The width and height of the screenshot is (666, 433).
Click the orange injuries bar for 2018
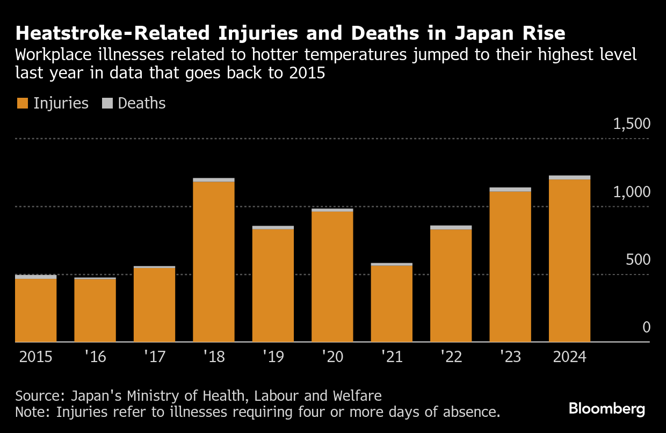click(x=214, y=262)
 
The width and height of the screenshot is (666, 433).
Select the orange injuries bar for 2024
click(x=569, y=261)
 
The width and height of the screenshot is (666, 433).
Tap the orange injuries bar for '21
click(x=392, y=304)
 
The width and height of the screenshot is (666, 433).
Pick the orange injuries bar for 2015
click(x=36, y=310)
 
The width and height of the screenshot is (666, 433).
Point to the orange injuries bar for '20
click(x=332, y=276)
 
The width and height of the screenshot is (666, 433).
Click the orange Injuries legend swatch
click(x=23, y=104)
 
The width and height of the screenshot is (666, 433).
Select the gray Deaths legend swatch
click(x=107, y=104)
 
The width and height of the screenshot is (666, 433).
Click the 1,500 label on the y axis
click(x=632, y=124)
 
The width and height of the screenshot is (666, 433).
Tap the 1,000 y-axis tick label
click(x=632, y=192)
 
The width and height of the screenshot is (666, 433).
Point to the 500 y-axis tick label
click(x=638, y=260)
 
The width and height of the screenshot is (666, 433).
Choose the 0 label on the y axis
click(x=646, y=328)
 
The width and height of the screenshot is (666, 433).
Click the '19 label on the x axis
click(x=273, y=357)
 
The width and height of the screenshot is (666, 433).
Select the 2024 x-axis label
click(x=569, y=357)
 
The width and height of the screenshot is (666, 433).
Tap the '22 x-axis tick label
click(x=451, y=357)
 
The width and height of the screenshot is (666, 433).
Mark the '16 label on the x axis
click(x=95, y=357)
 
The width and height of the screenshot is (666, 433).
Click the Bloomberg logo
click(x=607, y=409)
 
